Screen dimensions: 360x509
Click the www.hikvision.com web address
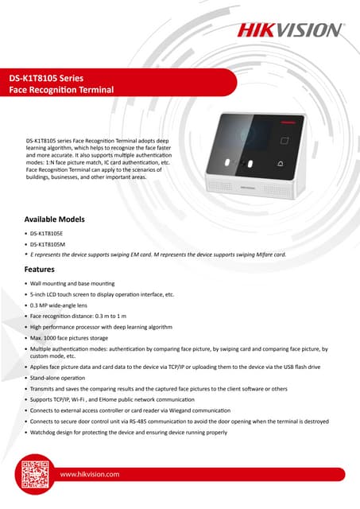click(90, 474)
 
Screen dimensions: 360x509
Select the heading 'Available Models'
click(55, 218)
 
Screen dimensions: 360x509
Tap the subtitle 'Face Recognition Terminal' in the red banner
click(61, 92)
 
